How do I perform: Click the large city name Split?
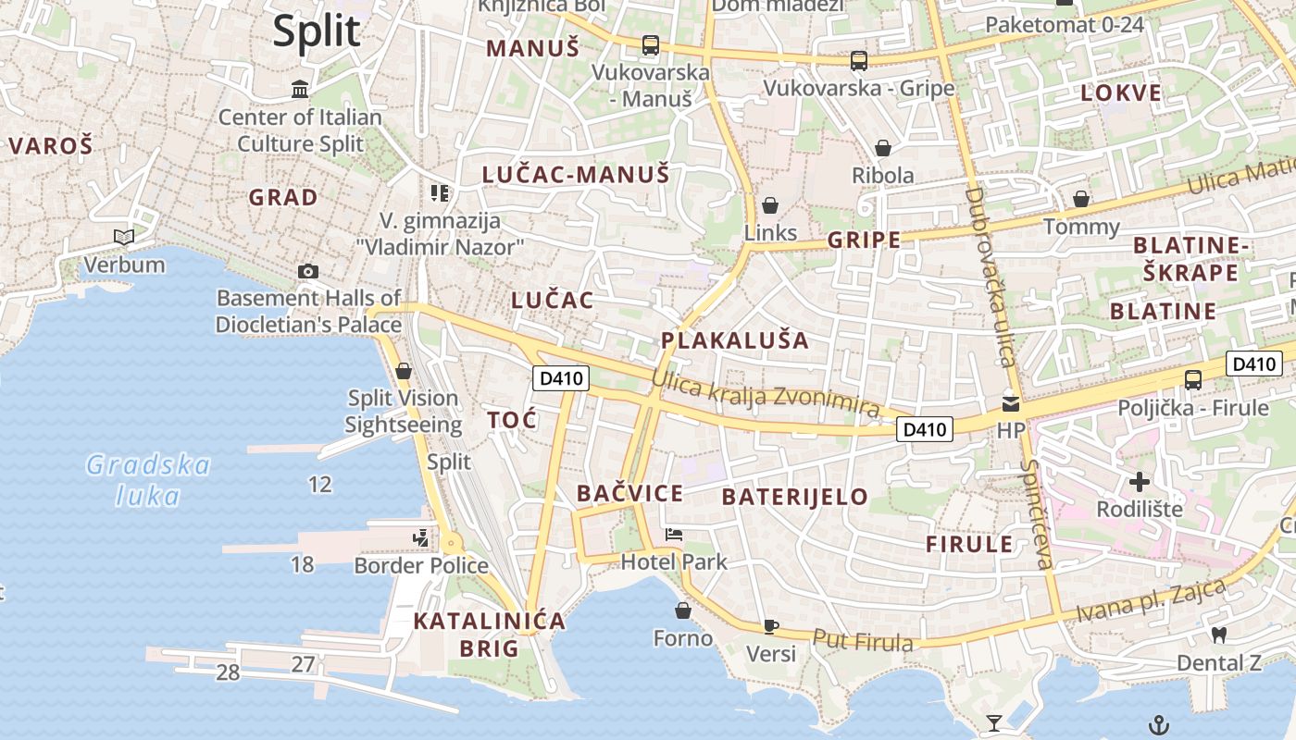(x=316, y=31)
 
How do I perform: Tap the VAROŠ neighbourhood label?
(x=51, y=145)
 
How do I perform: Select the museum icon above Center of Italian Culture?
(x=300, y=90)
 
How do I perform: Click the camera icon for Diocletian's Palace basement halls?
(x=308, y=271)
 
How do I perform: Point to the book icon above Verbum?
(x=124, y=238)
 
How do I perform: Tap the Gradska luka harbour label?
(x=148, y=480)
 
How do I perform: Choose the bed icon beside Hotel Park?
(x=674, y=535)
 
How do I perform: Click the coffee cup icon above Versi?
(x=770, y=626)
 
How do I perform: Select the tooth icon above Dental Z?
(x=1218, y=635)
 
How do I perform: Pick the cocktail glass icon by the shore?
(x=994, y=722)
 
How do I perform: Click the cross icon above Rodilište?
(x=1140, y=482)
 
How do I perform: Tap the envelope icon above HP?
(x=1010, y=403)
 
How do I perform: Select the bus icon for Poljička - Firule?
(x=1193, y=379)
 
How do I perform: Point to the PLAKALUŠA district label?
(x=735, y=339)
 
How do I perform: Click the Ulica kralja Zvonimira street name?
(x=765, y=392)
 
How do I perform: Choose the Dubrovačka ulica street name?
(x=990, y=277)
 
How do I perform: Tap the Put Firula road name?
(x=863, y=640)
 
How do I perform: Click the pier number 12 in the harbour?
(x=319, y=484)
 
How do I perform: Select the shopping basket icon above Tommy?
(x=1080, y=199)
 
